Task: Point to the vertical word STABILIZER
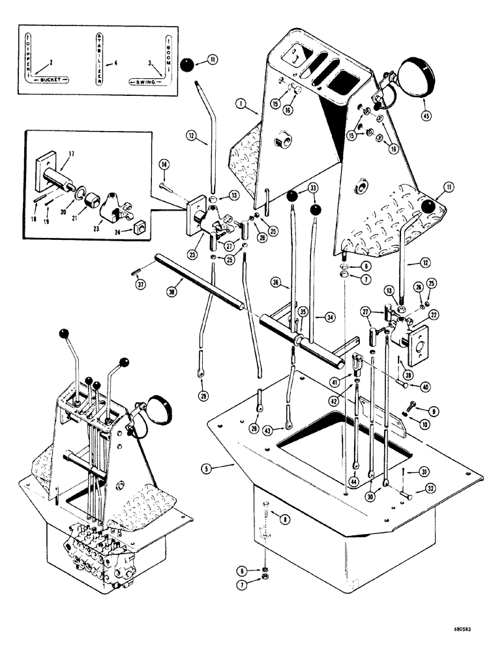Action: point(98,58)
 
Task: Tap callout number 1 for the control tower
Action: point(241,104)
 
